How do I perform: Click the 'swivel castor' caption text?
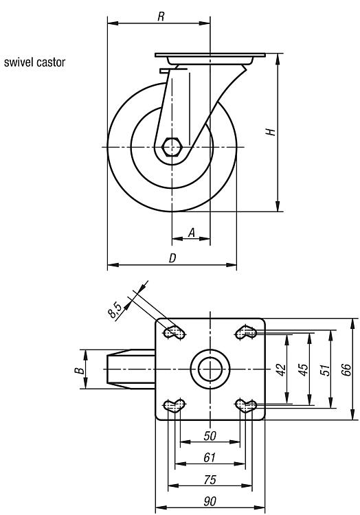pyautogui.click(x=34, y=62)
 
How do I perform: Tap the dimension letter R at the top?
pyautogui.click(x=161, y=16)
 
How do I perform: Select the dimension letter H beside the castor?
pyautogui.click(x=271, y=132)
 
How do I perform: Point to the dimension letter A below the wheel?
pyautogui.click(x=192, y=233)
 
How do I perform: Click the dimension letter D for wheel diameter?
pyautogui.click(x=172, y=258)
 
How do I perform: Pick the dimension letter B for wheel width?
pyautogui.click(x=80, y=371)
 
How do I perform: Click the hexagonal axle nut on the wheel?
pyautogui.click(x=172, y=147)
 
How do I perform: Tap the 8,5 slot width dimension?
pyautogui.click(x=115, y=310)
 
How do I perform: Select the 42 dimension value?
pyautogui.click(x=282, y=370)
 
